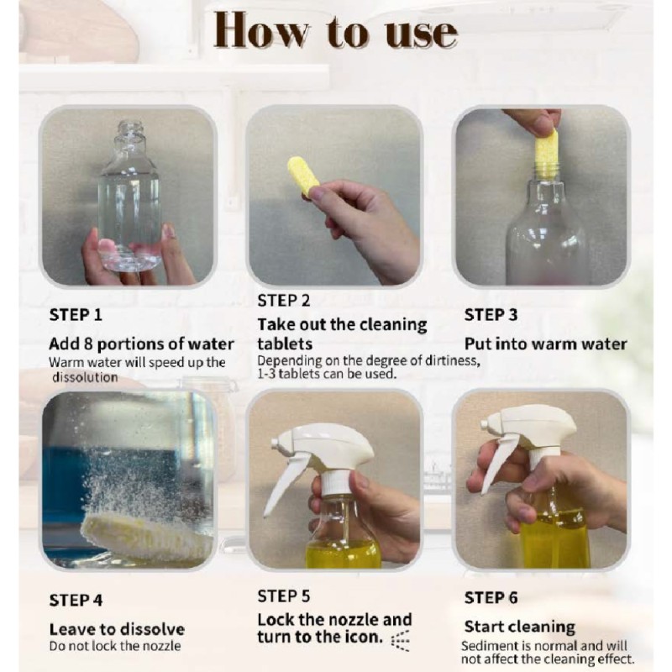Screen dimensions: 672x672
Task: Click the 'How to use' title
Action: click(x=336, y=31)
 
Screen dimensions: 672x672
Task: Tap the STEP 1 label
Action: click(x=76, y=315)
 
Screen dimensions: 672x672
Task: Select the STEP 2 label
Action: click(x=284, y=301)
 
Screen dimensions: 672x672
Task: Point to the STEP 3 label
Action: click(x=491, y=315)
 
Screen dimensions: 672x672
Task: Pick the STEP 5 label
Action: click(x=284, y=596)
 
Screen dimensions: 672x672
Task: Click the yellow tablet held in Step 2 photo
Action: click(x=302, y=176)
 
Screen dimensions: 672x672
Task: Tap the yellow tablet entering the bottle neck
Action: click(x=547, y=149)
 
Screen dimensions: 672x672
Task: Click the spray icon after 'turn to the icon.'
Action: click(x=401, y=641)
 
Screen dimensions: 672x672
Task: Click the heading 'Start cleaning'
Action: click(x=519, y=627)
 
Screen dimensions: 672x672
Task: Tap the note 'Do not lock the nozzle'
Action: click(x=115, y=646)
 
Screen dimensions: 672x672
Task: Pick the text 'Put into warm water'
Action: click(x=545, y=344)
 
